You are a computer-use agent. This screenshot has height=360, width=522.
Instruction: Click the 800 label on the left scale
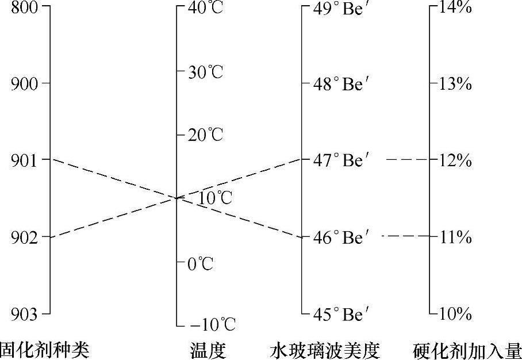22,9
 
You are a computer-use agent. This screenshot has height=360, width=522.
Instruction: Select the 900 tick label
22,84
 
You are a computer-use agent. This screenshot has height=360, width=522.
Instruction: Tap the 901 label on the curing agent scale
22,160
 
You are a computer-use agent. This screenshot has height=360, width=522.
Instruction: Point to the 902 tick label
22,237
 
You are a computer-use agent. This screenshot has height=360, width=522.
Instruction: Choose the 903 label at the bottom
22,314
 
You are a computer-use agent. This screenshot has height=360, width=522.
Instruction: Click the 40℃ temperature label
205,9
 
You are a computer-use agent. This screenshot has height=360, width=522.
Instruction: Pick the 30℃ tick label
205,72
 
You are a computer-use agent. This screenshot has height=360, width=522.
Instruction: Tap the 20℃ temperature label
205,136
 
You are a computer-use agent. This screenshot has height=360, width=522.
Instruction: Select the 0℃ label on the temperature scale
200,264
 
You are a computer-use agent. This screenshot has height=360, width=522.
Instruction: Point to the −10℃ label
212,325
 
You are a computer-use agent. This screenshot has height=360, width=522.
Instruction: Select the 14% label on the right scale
455,9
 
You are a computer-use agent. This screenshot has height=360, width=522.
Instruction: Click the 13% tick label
455,84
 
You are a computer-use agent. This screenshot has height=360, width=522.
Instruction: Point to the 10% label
455,314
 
